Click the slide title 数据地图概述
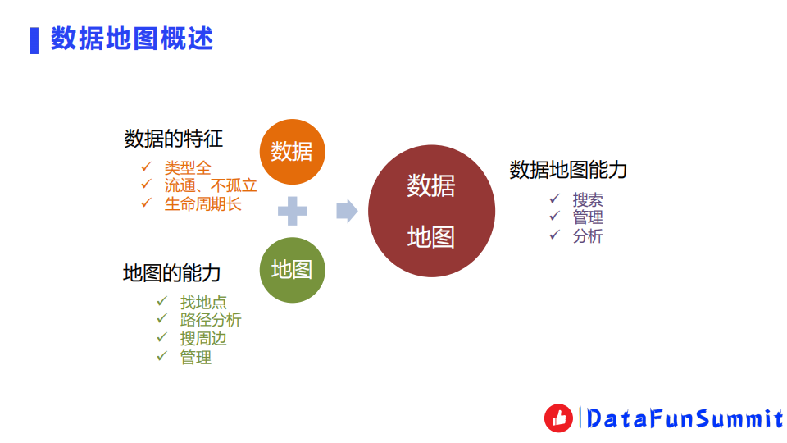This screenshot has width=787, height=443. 132,39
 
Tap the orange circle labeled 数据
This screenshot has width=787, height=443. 292,152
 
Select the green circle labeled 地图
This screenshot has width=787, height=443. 292,269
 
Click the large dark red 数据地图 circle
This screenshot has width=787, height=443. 431,211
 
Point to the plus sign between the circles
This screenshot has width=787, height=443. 292,211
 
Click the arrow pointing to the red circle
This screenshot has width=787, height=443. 347,211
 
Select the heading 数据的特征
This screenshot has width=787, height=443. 173,139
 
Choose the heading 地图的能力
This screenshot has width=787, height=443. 172,273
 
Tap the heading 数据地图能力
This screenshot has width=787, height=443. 568,170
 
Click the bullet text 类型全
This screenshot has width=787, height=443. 188,168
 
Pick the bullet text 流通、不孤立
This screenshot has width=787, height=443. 211,185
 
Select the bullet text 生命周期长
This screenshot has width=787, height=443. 203,203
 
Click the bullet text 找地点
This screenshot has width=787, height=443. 203,302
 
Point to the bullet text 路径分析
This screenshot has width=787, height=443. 211,320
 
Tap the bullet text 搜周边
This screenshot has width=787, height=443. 203,338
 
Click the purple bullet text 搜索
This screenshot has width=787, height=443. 588,199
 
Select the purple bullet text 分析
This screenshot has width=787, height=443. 588,236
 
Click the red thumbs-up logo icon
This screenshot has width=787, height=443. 558,418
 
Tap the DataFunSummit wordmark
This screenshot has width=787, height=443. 685,419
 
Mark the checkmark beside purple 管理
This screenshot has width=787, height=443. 555,217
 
